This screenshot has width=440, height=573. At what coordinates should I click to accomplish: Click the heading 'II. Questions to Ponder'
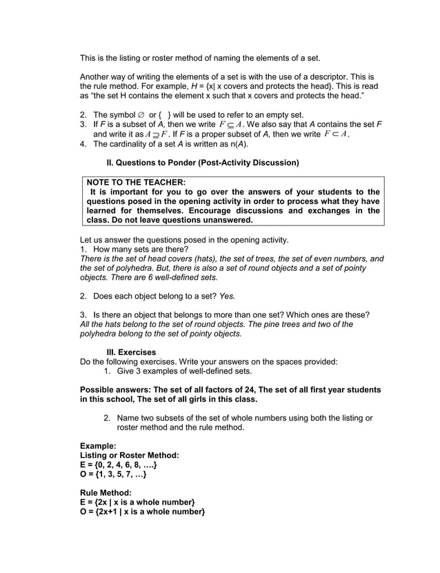pyautogui.click(x=202, y=163)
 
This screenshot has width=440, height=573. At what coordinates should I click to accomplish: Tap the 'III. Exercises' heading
pyautogui.click(x=131, y=352)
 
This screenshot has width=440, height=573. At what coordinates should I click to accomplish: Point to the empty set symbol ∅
pyautogui.click(x=141, y=114)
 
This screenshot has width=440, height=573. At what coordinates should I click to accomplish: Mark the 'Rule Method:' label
pyautogui.click(x=106, y=493)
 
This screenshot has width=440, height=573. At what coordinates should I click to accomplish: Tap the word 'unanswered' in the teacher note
pyautogui.click(x=226, y=221)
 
